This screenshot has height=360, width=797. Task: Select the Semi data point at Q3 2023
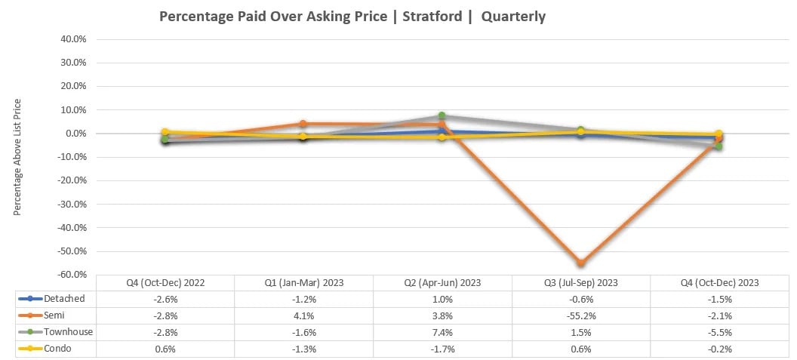(x=580, y=263)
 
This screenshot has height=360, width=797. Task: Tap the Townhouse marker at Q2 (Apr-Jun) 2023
(x=442, y=116)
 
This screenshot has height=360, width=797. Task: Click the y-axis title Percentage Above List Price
(x=17, y=157)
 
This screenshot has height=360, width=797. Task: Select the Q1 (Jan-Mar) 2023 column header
(x=303, y=282)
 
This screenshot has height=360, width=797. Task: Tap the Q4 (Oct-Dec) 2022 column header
(x=165, y=282)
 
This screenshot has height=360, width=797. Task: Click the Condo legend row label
(x=58, y=348)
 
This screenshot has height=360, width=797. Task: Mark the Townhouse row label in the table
(x=68, y=331)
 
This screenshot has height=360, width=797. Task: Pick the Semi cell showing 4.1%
(x=303, y=315)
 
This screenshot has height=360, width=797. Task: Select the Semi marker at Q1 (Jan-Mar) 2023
(x=303, y=124)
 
